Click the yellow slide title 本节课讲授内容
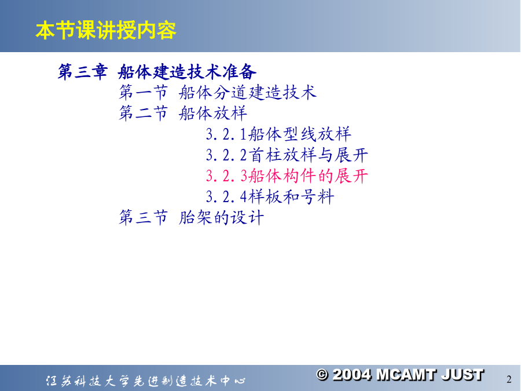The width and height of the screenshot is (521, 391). point(106,30)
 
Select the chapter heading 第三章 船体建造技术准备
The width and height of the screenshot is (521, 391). point(157,71)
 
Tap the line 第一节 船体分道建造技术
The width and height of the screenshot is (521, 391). point(218,92)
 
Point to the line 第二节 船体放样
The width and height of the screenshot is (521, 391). point(183,113)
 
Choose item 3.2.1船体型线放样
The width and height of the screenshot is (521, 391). point(278,134)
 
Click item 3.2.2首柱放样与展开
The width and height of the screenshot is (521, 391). point(287,155)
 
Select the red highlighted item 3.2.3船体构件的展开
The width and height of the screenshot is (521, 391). point(287,176)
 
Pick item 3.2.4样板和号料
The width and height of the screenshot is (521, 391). point(270,197)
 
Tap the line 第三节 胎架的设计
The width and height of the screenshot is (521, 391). point(192,218)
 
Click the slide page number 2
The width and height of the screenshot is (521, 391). point(509,379)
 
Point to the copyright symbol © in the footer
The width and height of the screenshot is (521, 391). point(322,375)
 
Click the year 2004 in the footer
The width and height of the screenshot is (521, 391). point(352,375)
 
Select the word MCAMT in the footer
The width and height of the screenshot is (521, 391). point(406,375)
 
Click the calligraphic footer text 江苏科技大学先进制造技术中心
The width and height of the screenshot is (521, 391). point(146,381)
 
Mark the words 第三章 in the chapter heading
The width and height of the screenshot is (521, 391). point(83,71)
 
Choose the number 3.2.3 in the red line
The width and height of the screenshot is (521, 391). point(226,176)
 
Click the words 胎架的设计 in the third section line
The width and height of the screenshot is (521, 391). point(222,218)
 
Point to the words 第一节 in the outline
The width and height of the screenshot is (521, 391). point(144,92)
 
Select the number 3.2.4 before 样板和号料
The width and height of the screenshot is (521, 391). point(226,197)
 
